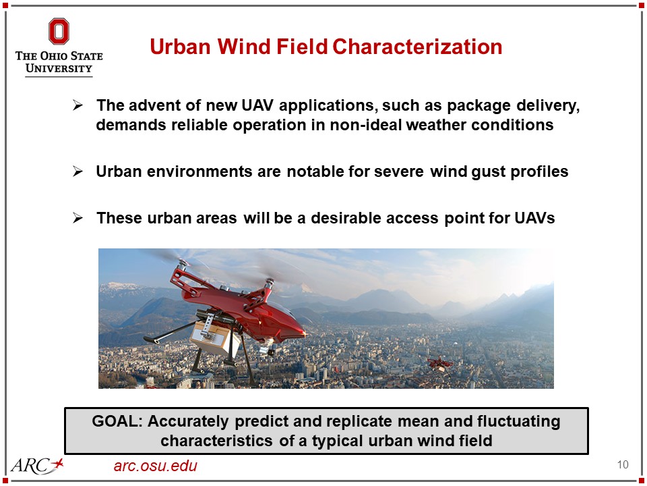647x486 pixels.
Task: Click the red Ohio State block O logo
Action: [59, 32]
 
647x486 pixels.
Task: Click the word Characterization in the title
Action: [417, 47]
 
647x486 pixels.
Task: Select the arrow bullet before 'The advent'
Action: [78, 105]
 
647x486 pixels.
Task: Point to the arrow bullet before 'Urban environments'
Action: [78, 171]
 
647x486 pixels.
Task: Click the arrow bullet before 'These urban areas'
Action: [78, 218]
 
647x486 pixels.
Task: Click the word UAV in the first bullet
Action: [257, 105]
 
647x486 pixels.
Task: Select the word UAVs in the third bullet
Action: [534, 218]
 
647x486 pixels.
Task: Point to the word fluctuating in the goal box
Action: [519, 422]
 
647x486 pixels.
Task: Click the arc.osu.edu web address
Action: [156, 466]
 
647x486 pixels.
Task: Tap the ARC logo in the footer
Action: [37, 466]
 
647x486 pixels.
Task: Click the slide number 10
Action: [623, 464]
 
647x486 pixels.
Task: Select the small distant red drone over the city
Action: [440, 364]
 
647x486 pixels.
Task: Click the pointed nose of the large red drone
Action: [305, 332]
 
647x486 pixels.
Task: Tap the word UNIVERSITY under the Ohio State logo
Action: [59, 68]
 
